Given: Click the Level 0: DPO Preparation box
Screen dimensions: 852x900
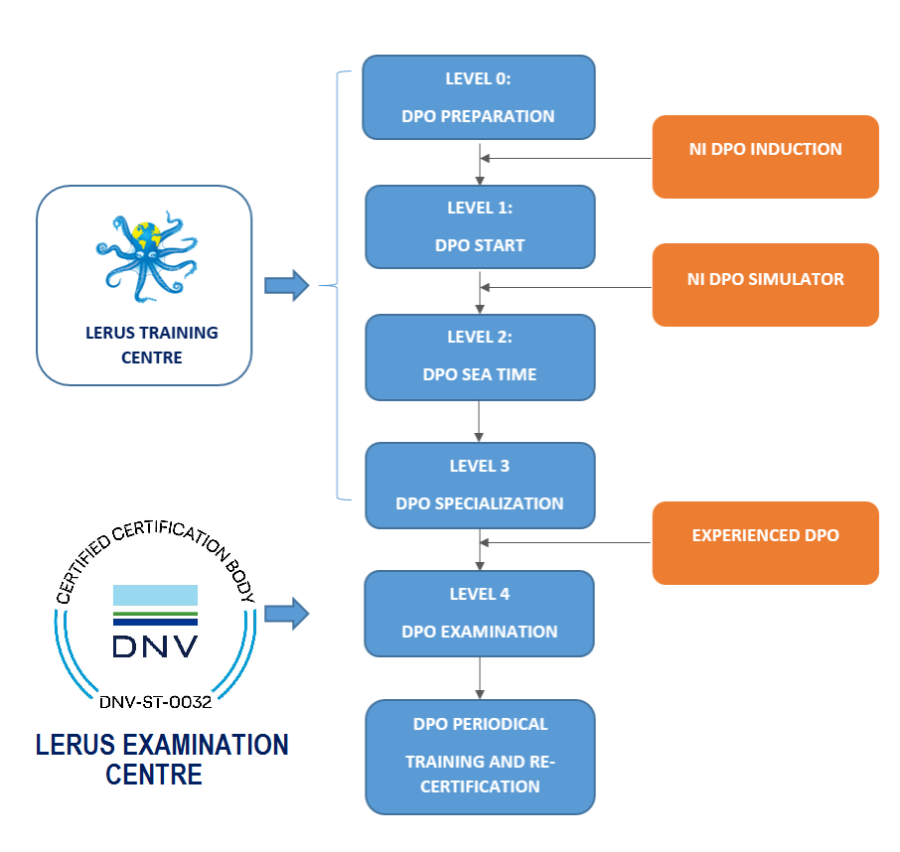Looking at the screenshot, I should (479, 97).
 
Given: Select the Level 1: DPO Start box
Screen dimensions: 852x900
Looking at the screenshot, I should (480, 226).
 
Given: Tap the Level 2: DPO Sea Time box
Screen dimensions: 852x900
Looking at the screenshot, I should (480, 355).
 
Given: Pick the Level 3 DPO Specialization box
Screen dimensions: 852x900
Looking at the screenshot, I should (480, 485).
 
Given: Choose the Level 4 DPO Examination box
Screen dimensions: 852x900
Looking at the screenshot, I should (480, 613).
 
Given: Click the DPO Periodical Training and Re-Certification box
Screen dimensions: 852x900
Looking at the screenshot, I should (480, 756).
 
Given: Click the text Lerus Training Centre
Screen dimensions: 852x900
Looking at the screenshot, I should (144, 345).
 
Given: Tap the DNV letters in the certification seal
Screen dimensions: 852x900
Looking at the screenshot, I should (155, 645).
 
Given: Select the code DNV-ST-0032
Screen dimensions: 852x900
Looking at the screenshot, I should (155, 702).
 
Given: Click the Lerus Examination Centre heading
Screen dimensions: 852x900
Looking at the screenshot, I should (161, 759).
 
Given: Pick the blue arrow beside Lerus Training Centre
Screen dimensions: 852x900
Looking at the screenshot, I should (286, 286).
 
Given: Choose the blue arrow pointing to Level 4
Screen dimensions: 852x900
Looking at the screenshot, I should (286, 613).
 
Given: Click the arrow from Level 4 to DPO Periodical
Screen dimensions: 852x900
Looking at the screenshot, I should (480, 677).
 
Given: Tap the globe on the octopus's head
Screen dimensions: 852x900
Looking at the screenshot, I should (146, 236).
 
